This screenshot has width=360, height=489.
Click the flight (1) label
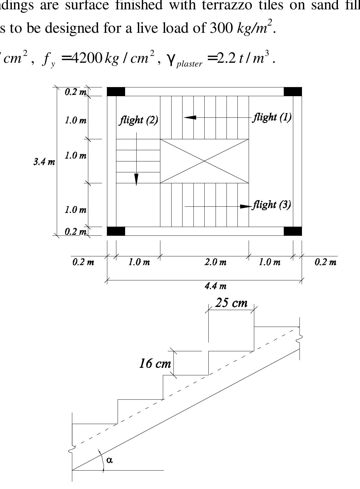pos(272,117)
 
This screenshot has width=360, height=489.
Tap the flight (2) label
pos(139,120)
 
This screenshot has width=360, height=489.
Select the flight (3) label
pos(272,205)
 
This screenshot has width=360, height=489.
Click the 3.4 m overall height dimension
pos(44,162)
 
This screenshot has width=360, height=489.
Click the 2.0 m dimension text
pos(216,262)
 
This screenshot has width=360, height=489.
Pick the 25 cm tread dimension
pos(231,303)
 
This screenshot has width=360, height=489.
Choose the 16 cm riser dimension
pos(155,363)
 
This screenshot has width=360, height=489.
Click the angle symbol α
pos(109,460)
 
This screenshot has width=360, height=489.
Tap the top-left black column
pos(116,91)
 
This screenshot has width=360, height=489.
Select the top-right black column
pos(293,91)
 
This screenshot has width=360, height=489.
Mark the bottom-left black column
pos(116,231)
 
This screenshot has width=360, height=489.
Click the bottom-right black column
pos(293,231)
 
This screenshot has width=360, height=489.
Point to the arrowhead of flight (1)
pos(190,117)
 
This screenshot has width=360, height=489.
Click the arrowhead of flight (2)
pos(136,179)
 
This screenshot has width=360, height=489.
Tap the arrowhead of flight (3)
pos(246,206)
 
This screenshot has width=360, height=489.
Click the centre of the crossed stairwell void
pos(204,161)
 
